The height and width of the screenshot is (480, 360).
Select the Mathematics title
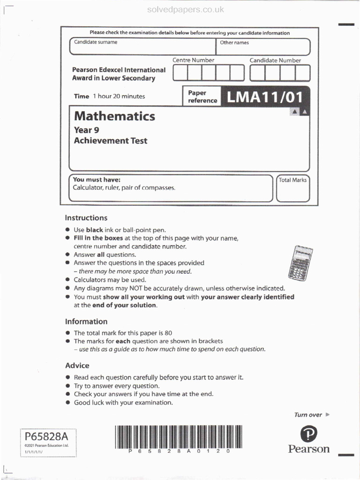coord(114,116)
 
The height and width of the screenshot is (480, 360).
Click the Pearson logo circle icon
coord(308,434)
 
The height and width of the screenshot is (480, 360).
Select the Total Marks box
coord(292,188)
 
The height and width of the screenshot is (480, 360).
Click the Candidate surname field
coord(142,47)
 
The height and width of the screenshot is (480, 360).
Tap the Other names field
coord(263,47)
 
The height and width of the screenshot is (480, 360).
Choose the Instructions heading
coord(86,218)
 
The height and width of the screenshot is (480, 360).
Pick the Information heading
coord(86,322)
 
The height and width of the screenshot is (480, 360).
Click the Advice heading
coord(77,366)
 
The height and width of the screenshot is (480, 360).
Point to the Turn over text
coord(308,415)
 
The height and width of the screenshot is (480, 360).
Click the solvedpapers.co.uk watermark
coord(186,9)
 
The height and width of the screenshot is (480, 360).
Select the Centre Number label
coord(193,60)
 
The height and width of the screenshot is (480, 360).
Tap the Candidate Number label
coord(275,60)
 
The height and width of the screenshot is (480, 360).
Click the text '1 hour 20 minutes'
coord(119,96)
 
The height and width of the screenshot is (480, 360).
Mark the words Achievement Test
coord(111,141)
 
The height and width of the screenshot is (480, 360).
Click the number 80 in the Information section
coord(162,333)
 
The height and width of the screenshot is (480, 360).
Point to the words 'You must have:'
coord(97,180)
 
